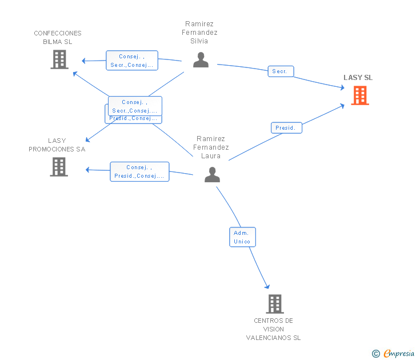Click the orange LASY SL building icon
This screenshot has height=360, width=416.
pos(359,95)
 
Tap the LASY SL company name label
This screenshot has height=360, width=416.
pos(358,78)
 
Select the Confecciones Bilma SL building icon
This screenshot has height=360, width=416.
pos(59,59)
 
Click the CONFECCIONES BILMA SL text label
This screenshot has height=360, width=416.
pos(58,37)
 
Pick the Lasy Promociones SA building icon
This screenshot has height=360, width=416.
pos(59,167)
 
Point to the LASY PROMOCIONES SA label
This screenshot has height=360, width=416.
pos(57,145)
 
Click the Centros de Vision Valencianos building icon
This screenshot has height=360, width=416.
pos(275,304)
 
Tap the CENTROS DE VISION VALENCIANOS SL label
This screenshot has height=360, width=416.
pos(273,329)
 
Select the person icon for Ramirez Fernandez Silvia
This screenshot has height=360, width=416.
pos(201,60)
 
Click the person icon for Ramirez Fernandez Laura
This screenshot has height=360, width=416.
pos(212,175)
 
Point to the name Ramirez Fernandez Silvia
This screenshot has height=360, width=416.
pos(199,33)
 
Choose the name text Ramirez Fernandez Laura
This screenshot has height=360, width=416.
pos(211,147)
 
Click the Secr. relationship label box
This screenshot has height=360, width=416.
pos(281,71)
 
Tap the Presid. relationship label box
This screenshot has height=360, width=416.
pos(286,128)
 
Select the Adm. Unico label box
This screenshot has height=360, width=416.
pos(242,237)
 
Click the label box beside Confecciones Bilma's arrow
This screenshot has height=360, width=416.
pos(132,61)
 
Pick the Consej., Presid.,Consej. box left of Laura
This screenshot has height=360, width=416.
pos(139,171)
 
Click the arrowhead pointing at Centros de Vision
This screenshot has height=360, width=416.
pos(266,286)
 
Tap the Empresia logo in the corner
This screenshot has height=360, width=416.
pos(399,354)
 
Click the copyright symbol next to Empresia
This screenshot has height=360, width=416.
pos(375,354)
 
